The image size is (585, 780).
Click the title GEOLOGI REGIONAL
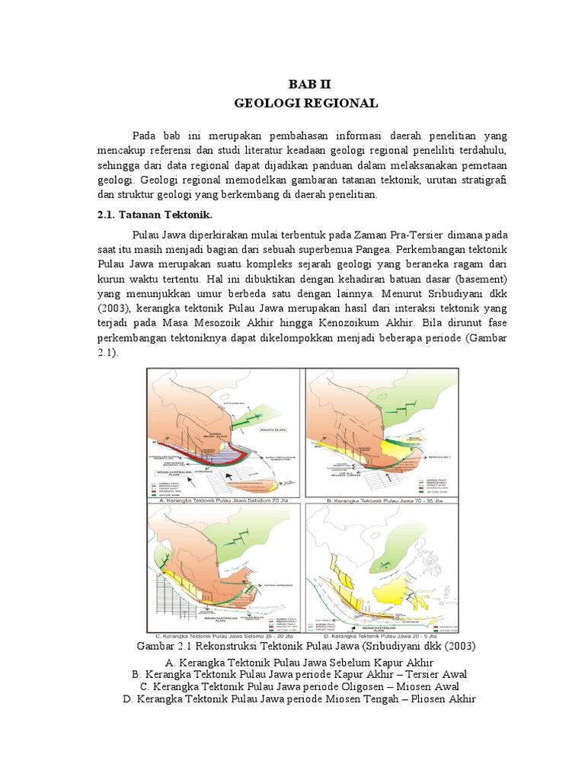tap(305, 102)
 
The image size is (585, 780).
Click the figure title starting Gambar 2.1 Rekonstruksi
tap(305, 647)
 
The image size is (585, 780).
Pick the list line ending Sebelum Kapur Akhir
tap(305, 663)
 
